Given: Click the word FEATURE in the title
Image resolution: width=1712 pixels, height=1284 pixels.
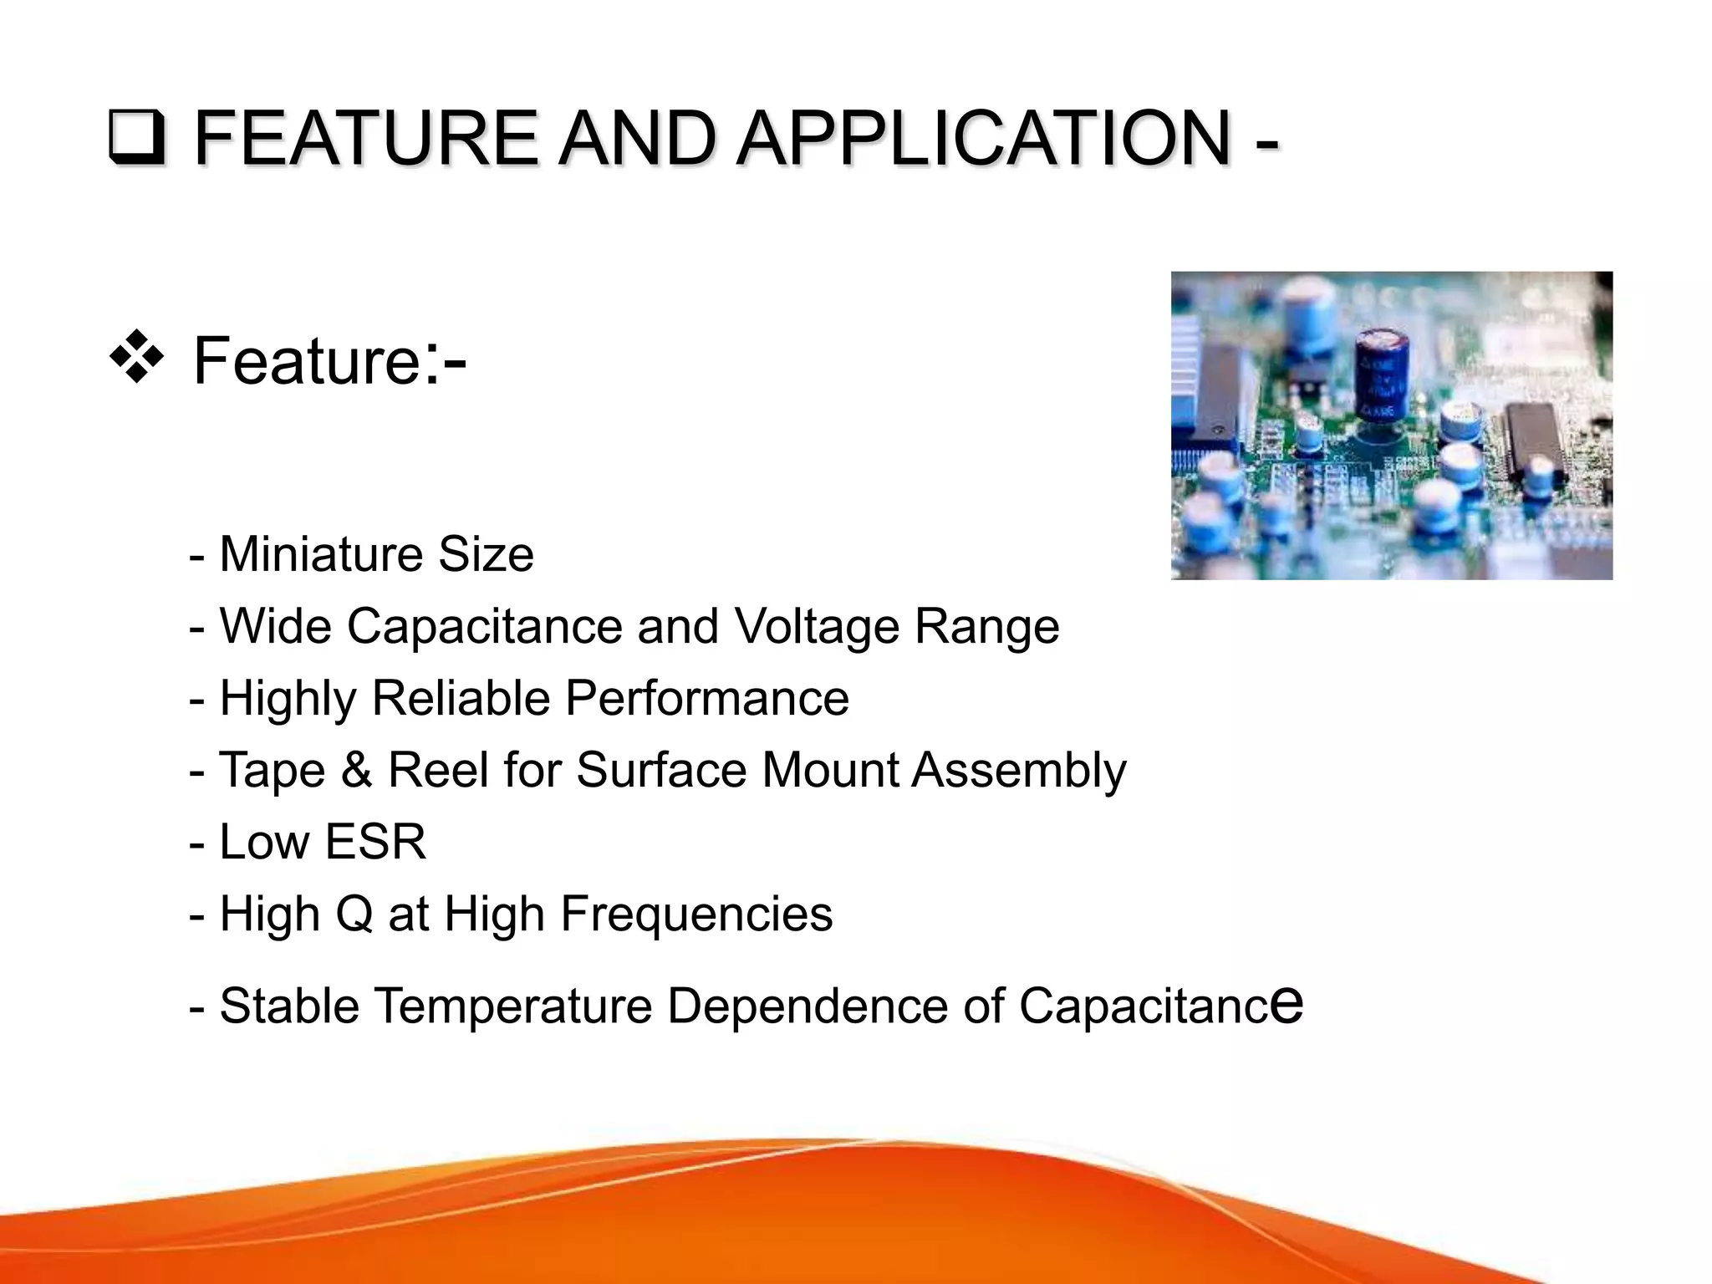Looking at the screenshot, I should (x=366, y=138).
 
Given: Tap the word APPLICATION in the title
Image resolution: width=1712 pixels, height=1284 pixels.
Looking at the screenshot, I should (x=984, y=138).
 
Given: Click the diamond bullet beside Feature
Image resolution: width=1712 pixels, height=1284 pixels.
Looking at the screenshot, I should (x=136, y=358).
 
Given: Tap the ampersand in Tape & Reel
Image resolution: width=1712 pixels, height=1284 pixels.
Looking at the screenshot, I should (x=357, y=770).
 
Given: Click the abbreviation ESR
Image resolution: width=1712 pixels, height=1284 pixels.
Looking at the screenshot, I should (x=375, y=842).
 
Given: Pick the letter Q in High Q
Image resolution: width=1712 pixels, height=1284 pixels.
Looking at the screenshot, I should (x=354, y=914).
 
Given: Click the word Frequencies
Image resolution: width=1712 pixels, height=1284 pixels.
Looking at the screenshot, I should (x=696, y=914).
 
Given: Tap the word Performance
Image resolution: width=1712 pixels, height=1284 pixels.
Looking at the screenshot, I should (x=707, y=698).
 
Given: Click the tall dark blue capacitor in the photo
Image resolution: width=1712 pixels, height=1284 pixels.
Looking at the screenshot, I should (x=1381, y=376).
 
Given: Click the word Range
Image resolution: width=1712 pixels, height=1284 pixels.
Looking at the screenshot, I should (x=986, y=626).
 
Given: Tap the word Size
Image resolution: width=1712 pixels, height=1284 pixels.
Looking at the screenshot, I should (x=486, y=554).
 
